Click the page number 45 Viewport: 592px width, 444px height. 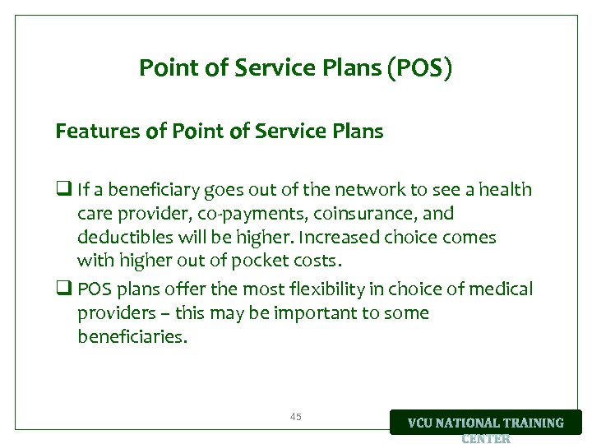point(296,417)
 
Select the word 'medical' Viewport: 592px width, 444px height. point(501,289)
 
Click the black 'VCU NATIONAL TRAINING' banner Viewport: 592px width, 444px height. point(485,423)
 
